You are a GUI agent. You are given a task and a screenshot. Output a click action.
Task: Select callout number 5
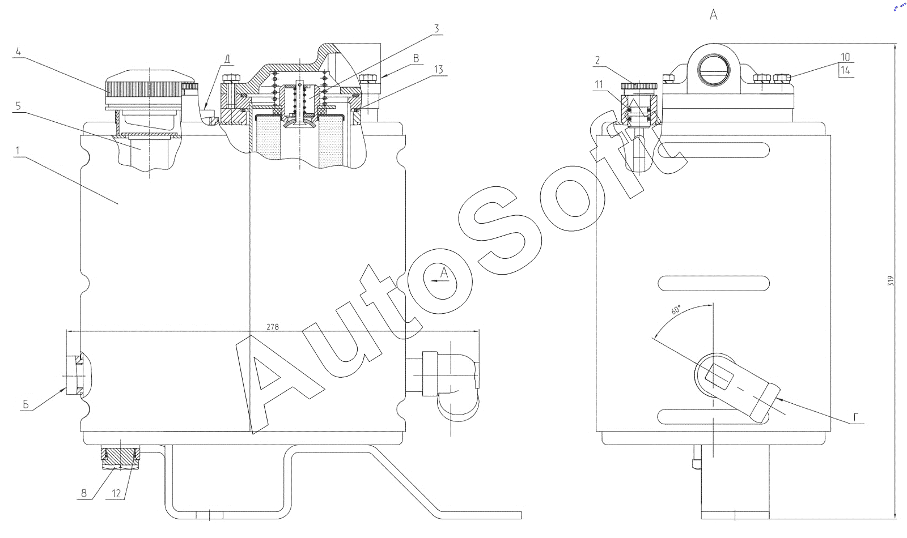point(18,105)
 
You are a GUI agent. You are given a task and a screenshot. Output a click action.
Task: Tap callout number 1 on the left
point(18,151)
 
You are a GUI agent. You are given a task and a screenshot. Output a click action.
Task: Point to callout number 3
point(436,28)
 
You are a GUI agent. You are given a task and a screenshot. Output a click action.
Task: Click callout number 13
point(438,70)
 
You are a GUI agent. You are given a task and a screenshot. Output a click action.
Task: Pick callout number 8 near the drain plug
point(84,493)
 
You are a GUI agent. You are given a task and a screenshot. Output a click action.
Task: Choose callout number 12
point(117,493)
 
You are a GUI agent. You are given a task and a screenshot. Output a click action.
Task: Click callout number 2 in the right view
point(597,59)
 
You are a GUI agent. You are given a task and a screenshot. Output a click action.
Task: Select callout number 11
point(599,84)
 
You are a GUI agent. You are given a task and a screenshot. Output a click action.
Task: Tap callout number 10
point(845,57)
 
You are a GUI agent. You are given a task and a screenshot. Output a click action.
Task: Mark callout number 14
point(845,71)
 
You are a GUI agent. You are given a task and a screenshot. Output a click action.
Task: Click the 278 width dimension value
point(273,327)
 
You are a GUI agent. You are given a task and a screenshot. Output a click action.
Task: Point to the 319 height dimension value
point(890,281)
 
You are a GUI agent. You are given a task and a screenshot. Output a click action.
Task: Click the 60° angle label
point(676,310)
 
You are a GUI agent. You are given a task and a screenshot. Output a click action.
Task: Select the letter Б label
point(26,404)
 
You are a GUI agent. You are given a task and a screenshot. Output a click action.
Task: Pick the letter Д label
point(227,59)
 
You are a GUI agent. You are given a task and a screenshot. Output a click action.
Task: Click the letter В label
point(416,58)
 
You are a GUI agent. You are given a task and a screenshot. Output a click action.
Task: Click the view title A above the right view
point(714,15)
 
